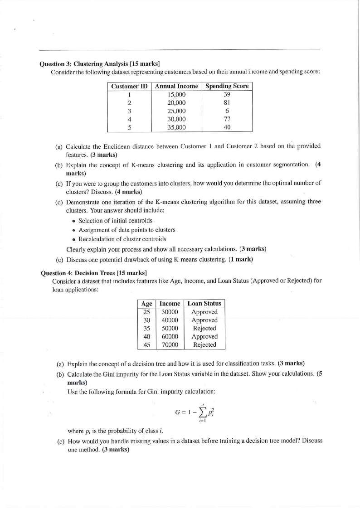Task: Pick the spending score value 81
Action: click(227, 103)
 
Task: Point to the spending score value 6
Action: click(227, 111)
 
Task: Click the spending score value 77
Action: click(227, 119)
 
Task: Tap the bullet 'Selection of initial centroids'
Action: click(115, 221)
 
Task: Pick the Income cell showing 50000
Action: click(170, 328)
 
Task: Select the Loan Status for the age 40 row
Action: click(204, 336)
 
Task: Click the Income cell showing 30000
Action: click(170, 312)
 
